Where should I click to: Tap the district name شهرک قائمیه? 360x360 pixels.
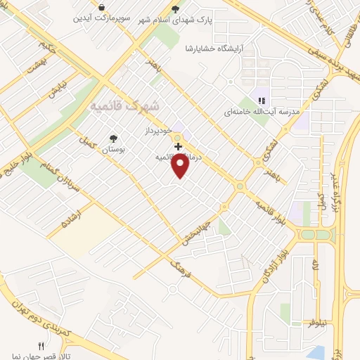point(125,105)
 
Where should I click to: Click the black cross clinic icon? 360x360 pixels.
point(179,146)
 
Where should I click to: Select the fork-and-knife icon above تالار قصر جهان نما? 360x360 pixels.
point(41,346)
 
